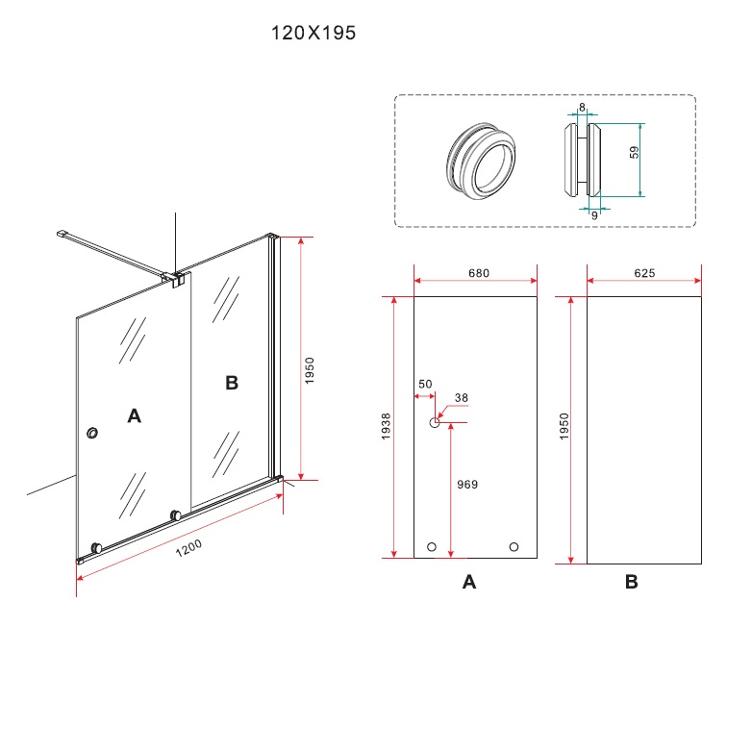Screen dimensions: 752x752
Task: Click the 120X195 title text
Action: (x=313, y=33)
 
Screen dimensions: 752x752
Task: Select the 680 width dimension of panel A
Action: (x=479, y=273)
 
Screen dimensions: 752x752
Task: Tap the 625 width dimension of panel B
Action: (x=644, y=273)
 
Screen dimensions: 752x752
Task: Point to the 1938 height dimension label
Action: (x=386, y=427)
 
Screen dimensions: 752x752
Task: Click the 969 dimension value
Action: (x=467, y=485)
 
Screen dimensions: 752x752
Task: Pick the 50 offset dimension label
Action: (x=424, y=385)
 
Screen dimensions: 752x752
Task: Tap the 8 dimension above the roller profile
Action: (x=582, y=108)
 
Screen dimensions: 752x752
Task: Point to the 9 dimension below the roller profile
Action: (x=594, y=215)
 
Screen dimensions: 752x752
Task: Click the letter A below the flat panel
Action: (x=469, y=582)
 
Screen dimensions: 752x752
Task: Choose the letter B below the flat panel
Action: (x=631, y=582)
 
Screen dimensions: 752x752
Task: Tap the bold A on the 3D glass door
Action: (x=135, y=415)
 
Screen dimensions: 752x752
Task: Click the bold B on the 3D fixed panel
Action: (x=231, y=384)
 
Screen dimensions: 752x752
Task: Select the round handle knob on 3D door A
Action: (x=92, y=435)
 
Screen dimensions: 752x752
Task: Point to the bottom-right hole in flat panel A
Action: (x=514, y=547)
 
